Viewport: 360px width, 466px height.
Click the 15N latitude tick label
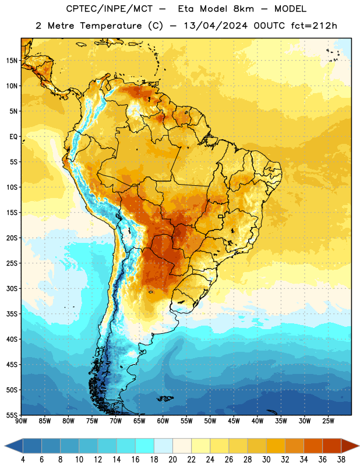[12, 61]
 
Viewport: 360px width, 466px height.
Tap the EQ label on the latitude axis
[13, 137]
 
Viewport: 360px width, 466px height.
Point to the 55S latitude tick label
[12, 415]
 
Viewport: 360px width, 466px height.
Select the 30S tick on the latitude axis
[12, 288]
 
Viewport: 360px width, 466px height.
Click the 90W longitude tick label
[21, 421]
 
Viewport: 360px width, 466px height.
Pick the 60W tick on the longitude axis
[163, 421]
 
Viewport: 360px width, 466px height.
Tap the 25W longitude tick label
[328, 421]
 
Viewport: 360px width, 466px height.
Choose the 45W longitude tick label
[234, 421]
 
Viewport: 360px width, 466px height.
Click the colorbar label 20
[172, 460]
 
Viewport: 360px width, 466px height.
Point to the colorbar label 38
[341, 460]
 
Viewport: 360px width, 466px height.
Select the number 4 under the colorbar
[23, 460]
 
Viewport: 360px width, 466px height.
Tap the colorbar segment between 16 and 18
[145, 446]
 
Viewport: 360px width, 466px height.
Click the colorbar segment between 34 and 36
[313, 446]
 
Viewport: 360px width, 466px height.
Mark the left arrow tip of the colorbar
[5, 446]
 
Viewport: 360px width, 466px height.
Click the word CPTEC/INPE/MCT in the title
[110, 9]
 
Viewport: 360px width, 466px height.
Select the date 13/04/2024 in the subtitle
[216, 26]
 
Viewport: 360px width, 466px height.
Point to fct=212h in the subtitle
[314, 26]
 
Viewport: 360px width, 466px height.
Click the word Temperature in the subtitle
[111, 26]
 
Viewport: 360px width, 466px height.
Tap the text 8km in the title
[243, 9]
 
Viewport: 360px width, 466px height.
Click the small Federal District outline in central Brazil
[221, 216]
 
